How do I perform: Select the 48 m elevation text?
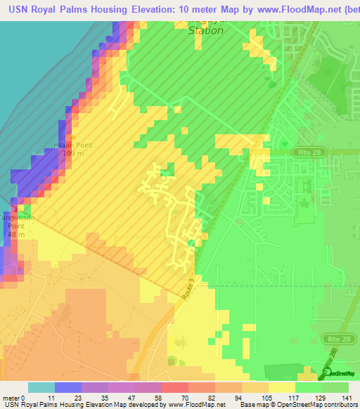(x=16, y=234)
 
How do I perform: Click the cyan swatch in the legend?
(x=41, y=387)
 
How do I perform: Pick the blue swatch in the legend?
(x=67, y=387)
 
